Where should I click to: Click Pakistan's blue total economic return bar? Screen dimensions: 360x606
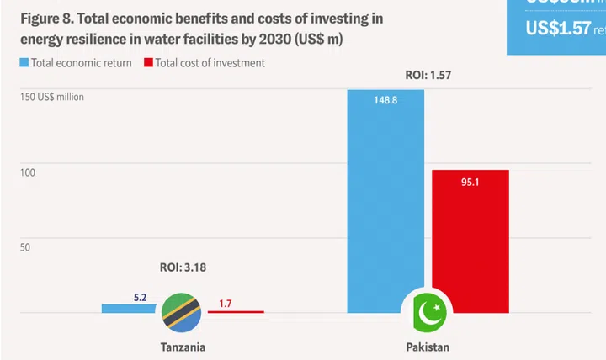click(x=385, y=202)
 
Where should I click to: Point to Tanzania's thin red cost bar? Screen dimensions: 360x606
click(x=236, y=311)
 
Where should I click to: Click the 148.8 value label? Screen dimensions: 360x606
click(x=385, y=100)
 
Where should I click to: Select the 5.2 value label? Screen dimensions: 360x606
click(x=141, y=297)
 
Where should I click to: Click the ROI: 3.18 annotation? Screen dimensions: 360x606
click(x=183, y=267)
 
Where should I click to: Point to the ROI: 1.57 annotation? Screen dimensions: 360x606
click(x=428, y=76)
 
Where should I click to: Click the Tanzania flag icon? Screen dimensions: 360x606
click(x=181, y=312)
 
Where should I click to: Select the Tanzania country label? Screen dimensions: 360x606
click(x=183, y=347)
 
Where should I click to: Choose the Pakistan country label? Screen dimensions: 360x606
click(x=428, y=347)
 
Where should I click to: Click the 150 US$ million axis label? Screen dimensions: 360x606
click(x=52, y=97)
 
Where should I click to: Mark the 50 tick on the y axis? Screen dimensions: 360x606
click(x=25, y=247)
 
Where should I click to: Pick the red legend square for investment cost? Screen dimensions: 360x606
click(x=148, y=63)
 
